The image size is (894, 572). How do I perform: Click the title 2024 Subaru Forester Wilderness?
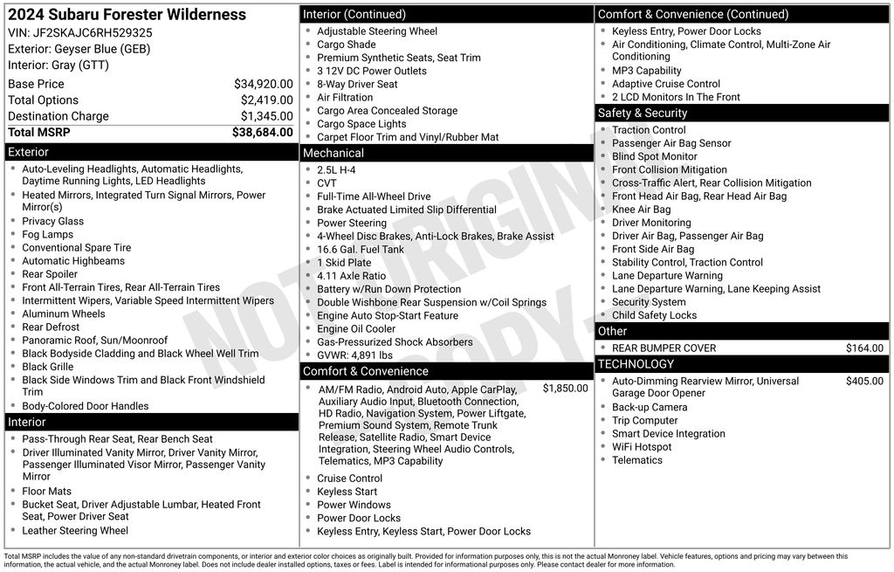[x=127, y=15]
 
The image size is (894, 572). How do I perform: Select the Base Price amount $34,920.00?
[x=263, y=84]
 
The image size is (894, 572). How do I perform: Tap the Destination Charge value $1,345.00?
[x=266, y=116]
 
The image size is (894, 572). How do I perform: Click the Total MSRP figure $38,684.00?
[x=262, y=133]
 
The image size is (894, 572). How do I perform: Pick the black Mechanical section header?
[x=333, y=153]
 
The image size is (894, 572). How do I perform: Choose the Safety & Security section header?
[x=643, y=113]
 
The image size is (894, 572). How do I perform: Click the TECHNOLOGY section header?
[x=636, y=364]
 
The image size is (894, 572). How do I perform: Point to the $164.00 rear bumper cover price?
[x=864, y=348]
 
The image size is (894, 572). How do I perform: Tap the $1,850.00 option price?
[x=565, y=388]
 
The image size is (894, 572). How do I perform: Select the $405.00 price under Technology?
[x=864, y=381]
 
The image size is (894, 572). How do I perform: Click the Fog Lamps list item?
[x=48, y=235]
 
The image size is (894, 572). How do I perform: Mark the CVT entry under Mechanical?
[x=327, y=183]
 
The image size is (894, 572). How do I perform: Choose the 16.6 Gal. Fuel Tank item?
[x=361, y=250]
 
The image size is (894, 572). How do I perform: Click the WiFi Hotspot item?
[x=642, y=447]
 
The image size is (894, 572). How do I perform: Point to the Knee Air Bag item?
[x=642, y=210]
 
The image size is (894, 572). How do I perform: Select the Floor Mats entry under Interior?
[x=47, y=492]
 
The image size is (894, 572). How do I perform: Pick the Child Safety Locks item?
[x=654, y=315]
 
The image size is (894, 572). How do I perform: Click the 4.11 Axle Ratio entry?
[x=351, y=276]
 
